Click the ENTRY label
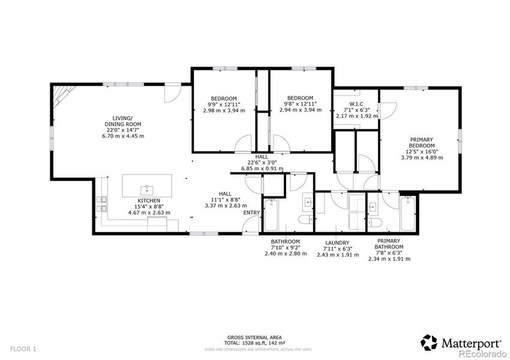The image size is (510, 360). coord(251,213)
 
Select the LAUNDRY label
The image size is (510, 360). coord(337,243)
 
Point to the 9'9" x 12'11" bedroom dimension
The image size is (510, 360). coord(224,104)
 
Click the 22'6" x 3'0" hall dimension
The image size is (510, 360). coord(262,163)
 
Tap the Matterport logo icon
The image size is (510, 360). coord(429,343)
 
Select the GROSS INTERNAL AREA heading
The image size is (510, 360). coord(255,337)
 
